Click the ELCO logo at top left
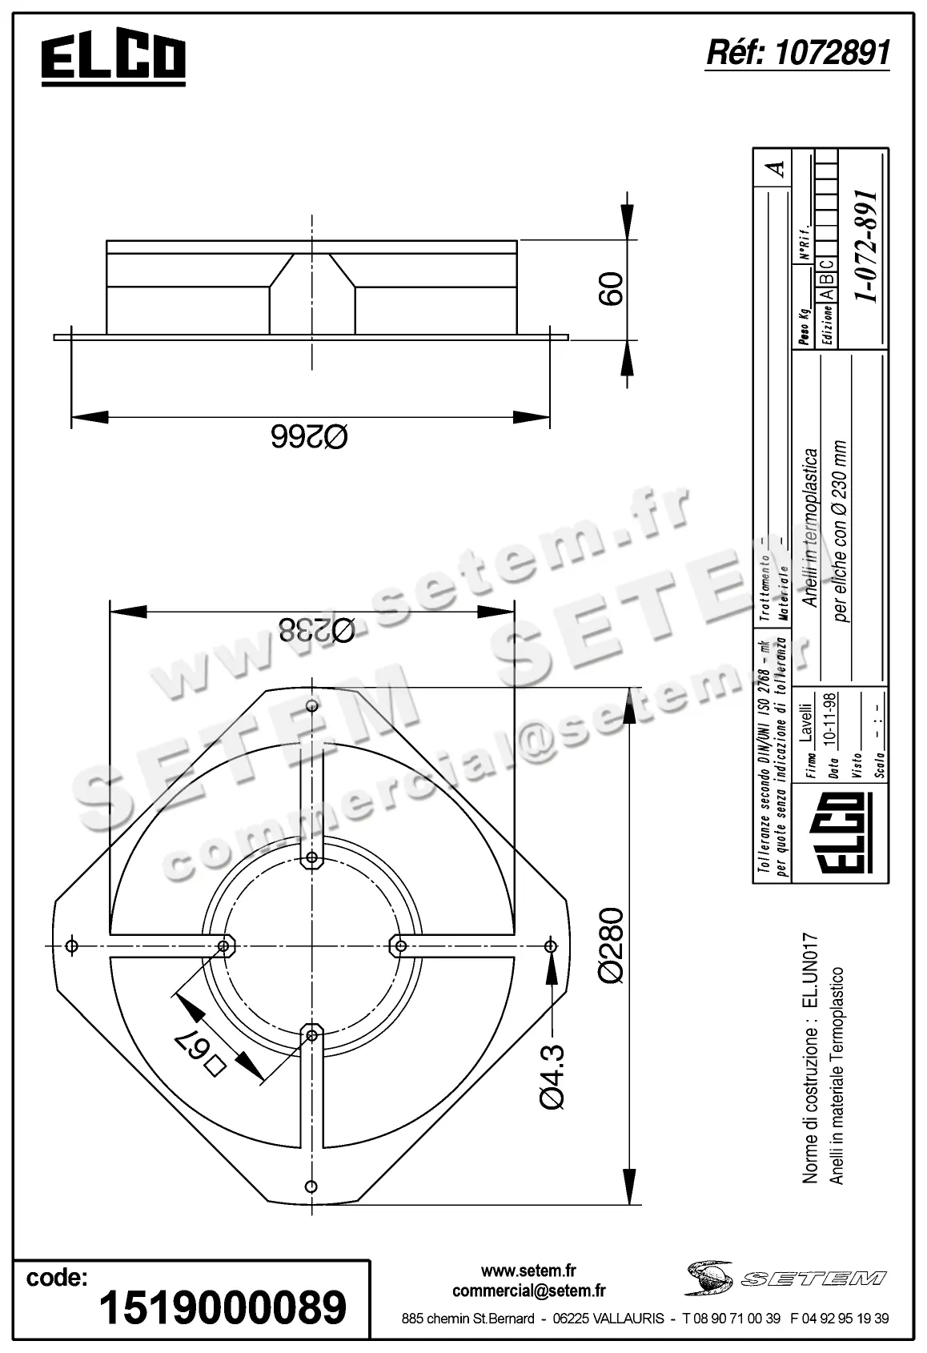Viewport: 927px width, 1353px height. (x=114, y=60)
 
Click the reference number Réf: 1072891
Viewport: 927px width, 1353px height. (x=797, y=53)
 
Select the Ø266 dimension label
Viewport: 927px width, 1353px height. (x=310, y=437)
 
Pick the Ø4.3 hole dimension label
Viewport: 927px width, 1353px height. (x=552, y=1076)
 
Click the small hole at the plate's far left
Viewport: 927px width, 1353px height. (x=72, y=946)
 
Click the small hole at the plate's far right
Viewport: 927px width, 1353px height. (x=550, y=946)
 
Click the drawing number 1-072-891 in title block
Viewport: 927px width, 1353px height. (x=865, y=246)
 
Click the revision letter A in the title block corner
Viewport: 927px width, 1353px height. (x=774, y=169)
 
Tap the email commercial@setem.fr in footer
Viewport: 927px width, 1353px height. (x=528, y=1291)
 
